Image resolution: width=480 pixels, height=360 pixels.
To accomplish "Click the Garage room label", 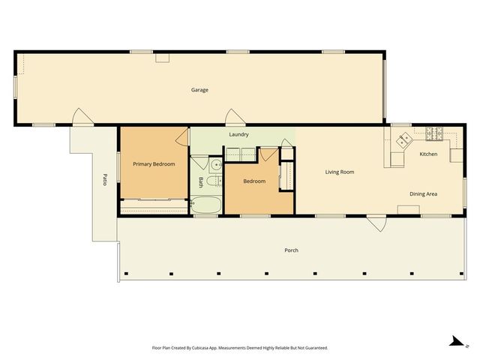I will tap(199, 90).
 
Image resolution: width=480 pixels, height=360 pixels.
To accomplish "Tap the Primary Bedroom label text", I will tap(154, 163).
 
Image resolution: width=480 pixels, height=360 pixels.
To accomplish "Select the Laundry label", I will tap(238, 134).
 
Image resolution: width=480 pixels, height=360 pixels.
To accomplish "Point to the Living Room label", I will tap(339, 172).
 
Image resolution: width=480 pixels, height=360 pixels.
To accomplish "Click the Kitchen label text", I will tap(428, 154).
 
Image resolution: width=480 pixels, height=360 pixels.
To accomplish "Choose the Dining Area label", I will tap(423, 194).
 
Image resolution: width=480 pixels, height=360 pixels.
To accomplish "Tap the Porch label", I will tap(291, 250).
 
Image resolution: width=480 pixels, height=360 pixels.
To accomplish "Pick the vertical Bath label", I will tap(200, 181).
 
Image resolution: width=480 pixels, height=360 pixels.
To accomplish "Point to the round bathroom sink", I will tap(215, 164).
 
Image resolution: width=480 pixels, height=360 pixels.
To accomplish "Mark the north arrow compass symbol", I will tap(454, 341).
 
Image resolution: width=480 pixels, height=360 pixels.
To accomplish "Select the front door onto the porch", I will tap(376, 222).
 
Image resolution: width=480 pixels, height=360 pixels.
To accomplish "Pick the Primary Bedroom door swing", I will tap(181, 138).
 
